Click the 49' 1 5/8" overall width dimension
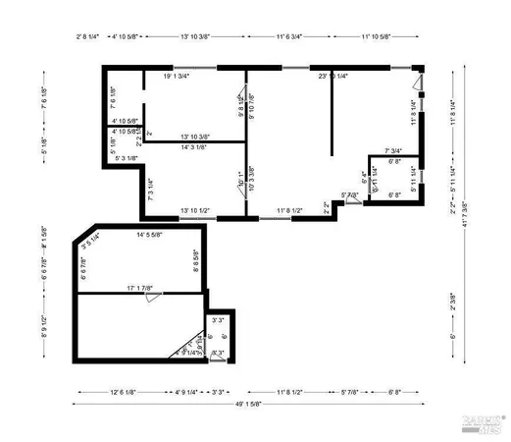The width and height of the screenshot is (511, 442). coord(255,405)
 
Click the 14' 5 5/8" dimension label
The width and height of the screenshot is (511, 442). coord(155,235)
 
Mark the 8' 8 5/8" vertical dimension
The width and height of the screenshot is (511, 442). coord(196,263)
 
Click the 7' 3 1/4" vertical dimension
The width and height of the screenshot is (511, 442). coord(150,189)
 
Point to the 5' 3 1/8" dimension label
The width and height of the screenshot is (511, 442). coord(126,158)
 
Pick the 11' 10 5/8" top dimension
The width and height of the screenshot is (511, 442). coord(376,35)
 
